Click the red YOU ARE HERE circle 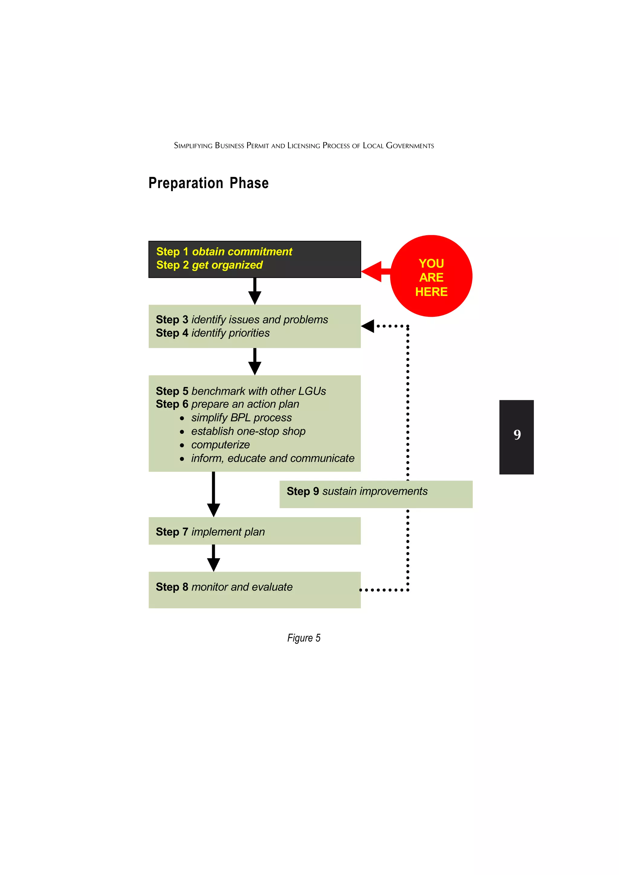point(431,276)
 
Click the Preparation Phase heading point(208,183)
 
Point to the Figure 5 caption point(303,638)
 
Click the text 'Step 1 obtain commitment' point(224,252)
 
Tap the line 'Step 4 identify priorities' point(212,333)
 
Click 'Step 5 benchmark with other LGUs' point(241,391)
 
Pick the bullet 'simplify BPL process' point(241,418)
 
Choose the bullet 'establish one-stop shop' point(248,431)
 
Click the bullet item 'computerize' point(220,445)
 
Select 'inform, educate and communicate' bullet point(272,458)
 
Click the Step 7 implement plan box point(254,531)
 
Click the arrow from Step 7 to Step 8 point(214,558)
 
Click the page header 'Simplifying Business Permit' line point(303,146)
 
